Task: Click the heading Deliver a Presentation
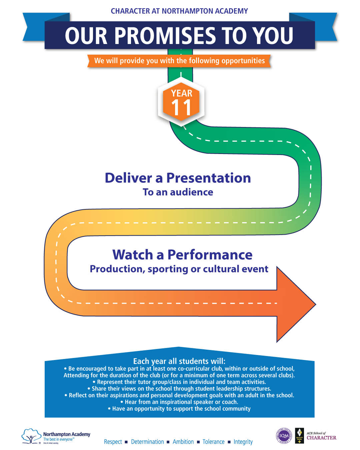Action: coord(178,178)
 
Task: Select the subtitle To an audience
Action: coord(178,192)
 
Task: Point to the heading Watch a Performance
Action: coord(182,255)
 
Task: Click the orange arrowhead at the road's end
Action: coord(295,304)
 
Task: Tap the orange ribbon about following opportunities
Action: coord(179,61)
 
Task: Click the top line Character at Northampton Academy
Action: coord(179,11)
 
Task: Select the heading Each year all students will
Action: coord(179,361)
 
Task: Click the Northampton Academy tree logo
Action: coord(31,436)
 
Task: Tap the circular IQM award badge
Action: coord(284,436)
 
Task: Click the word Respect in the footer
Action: coord(113,442)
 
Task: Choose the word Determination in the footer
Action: coord(147,442)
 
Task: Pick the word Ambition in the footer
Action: coord(183,442)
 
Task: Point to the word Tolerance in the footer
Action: coord(213,442)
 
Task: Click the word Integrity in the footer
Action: coord(243,442)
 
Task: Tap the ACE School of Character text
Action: coord(321,436)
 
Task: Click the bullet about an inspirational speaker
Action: coord(179,402)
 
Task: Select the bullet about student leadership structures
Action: coord(179,389)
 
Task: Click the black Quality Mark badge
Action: coord(299,436)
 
